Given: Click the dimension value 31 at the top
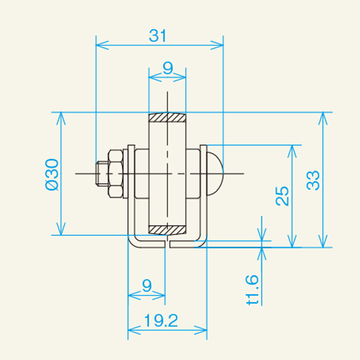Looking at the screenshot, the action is tap(157, 36).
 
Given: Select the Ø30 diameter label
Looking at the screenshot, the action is tap(52, 175).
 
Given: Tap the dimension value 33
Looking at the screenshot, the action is tap(313, 181).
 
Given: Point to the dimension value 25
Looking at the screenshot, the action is tap(282, 196).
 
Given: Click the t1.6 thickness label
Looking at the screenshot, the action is tap(252, 290).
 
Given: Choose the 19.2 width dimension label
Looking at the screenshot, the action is tap(161, 320).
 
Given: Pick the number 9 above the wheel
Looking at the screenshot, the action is tap(167, 68).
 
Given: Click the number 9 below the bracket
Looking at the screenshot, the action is tap(147, 286).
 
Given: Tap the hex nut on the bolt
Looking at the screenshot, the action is tap(115, 173).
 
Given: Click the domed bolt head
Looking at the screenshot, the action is tap(215, 173).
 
